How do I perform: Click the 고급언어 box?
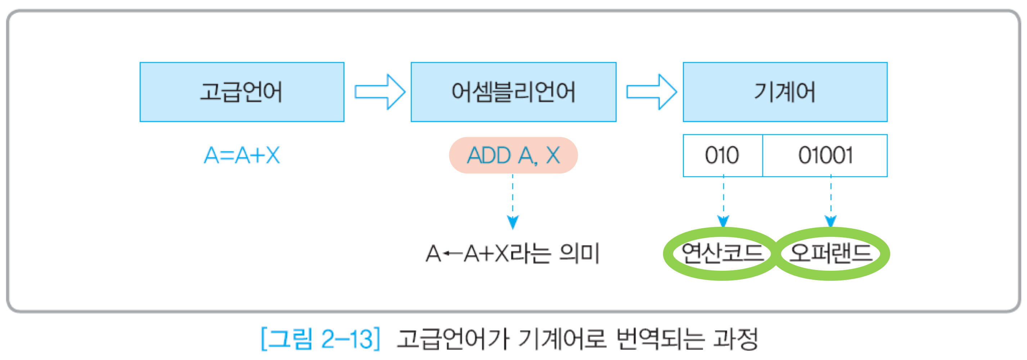(242, 92)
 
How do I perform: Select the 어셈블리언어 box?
(513, 92)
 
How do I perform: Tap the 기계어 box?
(785, 92)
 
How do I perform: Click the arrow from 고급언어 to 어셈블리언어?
(379, 92)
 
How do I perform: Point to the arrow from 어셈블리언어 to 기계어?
(651, 92)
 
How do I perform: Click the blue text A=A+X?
(242, 155)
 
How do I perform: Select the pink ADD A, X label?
(513, 155)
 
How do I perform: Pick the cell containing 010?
(722, 155)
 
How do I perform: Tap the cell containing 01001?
(825, 155)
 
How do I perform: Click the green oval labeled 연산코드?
(722, 253)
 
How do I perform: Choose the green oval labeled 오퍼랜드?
(831, 253)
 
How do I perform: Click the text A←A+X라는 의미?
(513, 253)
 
